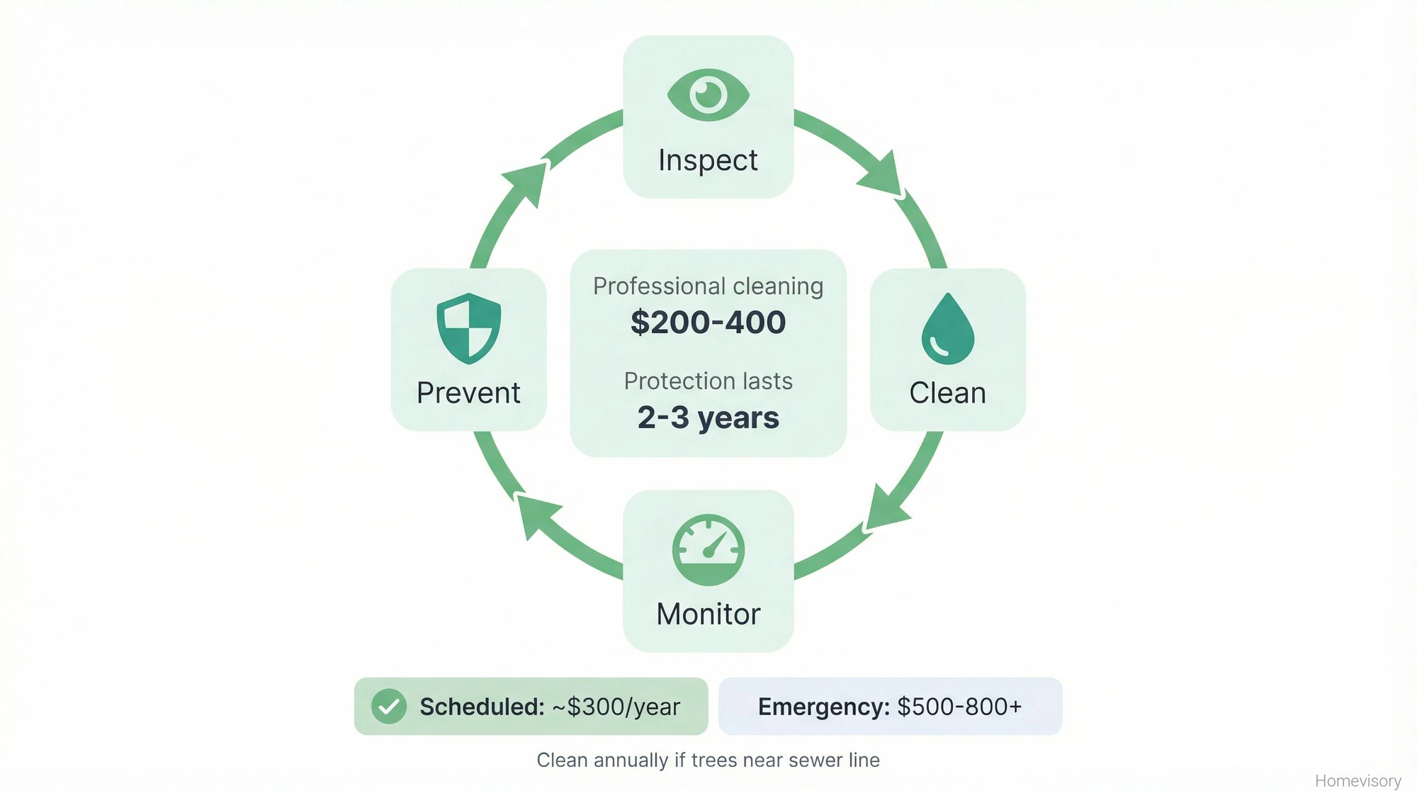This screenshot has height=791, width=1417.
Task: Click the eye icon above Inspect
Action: coord(708,94)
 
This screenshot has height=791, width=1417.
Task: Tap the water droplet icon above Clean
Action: coord(947,330)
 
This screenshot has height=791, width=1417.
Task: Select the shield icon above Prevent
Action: coord(468,329)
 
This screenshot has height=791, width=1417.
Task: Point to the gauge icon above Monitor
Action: coord(708,550)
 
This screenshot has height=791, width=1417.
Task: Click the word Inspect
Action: coord(708,160)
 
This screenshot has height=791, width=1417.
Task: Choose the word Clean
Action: coord(947,393)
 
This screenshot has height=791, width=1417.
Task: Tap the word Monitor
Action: coord(708,614)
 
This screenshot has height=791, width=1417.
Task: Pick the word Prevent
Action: coord(468,393)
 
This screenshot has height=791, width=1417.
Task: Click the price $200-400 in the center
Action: coord(708,322)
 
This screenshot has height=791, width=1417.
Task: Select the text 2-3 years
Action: coord(708,417)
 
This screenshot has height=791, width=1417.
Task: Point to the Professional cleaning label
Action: coord(708,286)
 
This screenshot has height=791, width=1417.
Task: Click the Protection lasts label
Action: coord(708,381)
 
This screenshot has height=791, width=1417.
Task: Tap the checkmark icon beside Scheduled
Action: coord(389,706)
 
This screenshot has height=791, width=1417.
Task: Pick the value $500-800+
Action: coord(959,707)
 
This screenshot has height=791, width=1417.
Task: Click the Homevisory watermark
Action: coord(1357,780)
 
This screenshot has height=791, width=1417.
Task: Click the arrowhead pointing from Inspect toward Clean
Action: coord(882,175)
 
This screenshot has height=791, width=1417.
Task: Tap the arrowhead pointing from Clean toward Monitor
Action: coord(886,509)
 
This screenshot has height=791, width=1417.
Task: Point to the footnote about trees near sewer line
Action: coord(708,760)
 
